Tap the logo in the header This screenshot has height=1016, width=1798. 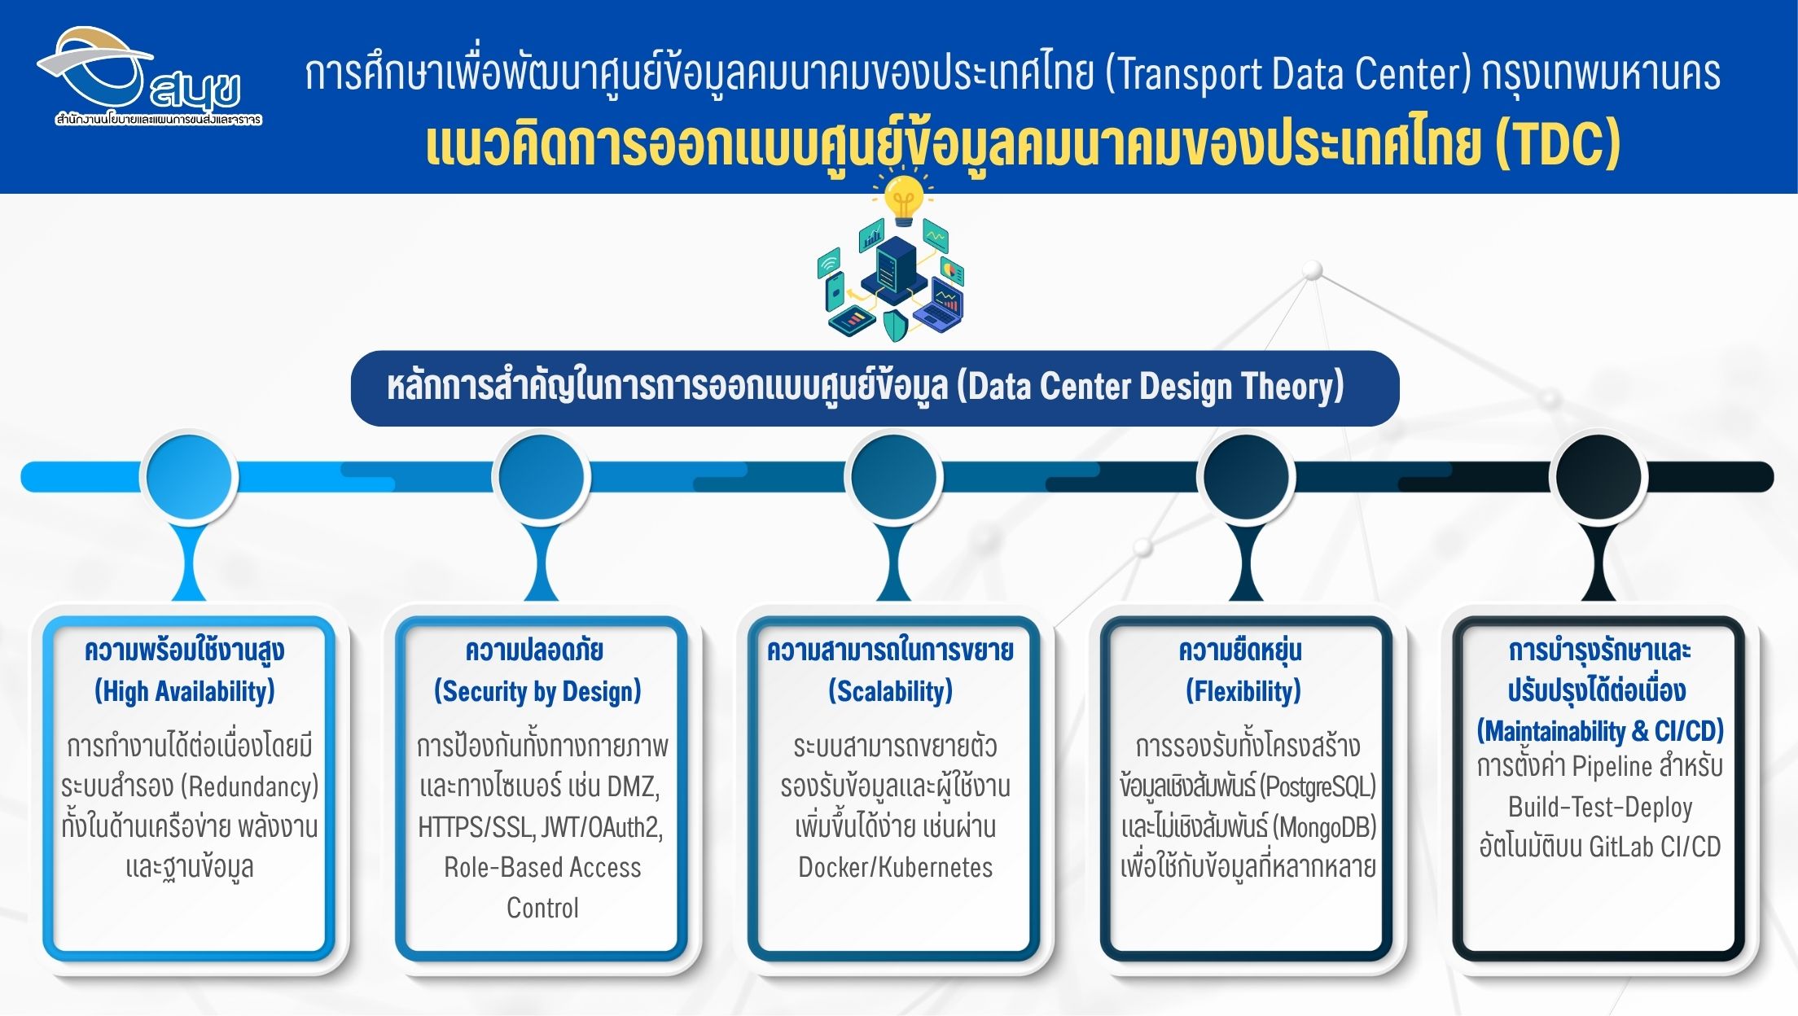[150, 77]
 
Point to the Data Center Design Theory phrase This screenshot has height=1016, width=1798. [1150, 387]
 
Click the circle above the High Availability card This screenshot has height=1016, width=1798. [189, 477]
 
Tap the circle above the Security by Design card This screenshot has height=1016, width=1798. [542, 477]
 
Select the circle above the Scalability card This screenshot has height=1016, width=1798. [894, 477]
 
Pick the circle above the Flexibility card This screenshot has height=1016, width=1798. [1246, 477]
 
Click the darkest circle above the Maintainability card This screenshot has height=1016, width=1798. [1598, 477]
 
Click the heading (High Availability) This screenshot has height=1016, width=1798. [185, 691]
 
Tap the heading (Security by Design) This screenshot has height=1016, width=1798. [537, 691]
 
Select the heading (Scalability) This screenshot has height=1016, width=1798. [890, 691]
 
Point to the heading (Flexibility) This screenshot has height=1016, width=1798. [1243, 691]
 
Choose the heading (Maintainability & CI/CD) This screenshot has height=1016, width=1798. [1600, 731]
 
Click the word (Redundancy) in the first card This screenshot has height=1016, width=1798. [250, 786]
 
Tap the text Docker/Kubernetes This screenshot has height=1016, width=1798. [896, 867]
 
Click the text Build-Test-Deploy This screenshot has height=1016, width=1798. [1600, 807]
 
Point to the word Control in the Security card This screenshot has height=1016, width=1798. [542, 908]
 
